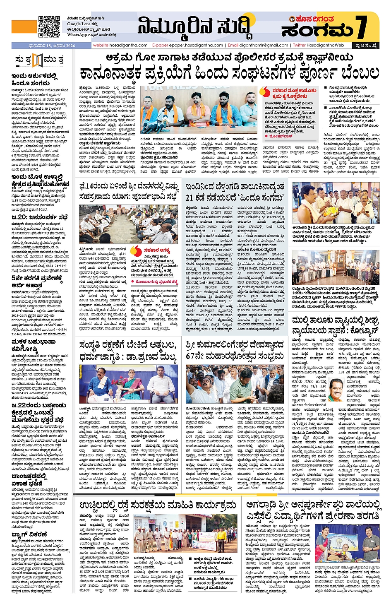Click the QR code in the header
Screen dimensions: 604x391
[x=49, y=26]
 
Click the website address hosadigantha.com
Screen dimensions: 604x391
[x=120, y=45]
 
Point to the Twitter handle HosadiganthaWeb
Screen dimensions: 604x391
[x=319, y=45]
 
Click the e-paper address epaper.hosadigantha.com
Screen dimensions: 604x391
[x=188, y=45]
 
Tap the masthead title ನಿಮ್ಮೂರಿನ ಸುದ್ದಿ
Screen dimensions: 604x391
[x=194, y=27]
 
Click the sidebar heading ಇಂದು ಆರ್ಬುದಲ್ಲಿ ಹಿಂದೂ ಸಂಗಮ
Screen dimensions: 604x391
[x=35, y=79]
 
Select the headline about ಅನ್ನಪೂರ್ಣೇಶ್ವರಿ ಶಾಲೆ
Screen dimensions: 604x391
[x=313, y=510]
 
